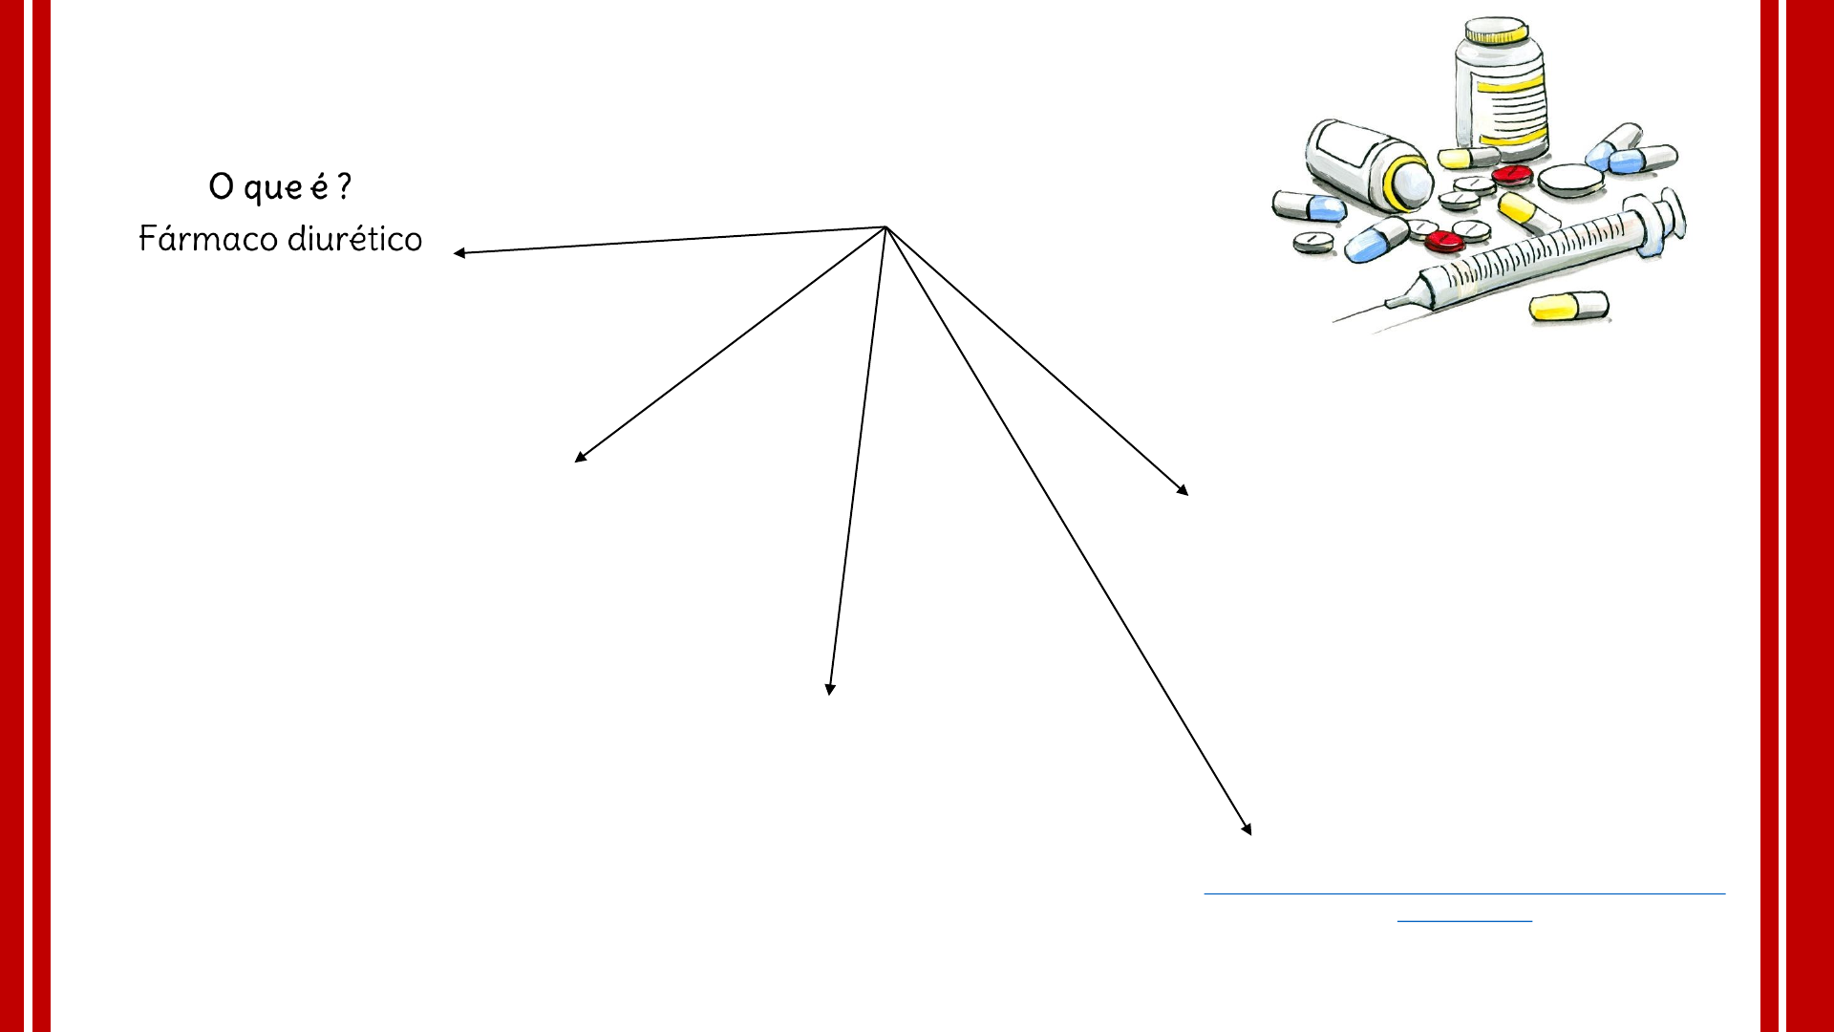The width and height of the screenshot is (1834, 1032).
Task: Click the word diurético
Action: [354, 239]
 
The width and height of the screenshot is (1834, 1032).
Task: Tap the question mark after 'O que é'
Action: [344, 185]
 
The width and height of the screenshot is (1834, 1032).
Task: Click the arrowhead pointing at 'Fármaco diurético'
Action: [460, 252]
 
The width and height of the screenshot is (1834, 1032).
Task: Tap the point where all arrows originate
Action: [885, 227]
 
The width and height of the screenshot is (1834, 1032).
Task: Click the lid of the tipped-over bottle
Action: [1410, 183]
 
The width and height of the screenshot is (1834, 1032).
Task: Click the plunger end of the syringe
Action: [1667, 219]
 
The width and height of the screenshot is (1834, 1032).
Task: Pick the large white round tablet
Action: [1570, 180]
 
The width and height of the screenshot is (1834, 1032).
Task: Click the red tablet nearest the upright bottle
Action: [1512, 175]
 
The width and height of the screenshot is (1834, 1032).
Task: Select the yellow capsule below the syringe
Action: [1567, 306]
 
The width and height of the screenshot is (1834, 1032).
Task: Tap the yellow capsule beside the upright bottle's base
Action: [1467, 158]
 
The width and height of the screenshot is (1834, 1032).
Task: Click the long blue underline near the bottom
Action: [1464, 893]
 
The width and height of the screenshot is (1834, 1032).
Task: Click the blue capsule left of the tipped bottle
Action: [1309, 205]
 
